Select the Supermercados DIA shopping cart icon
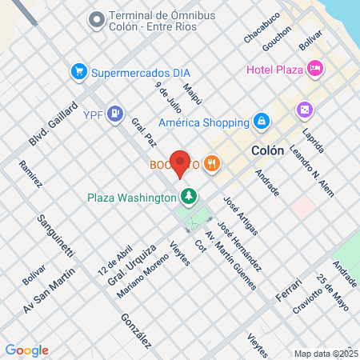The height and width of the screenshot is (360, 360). pyautogui.click(x=78, y=72)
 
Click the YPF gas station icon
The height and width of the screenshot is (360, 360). pyautogui.click(x=116, y=114)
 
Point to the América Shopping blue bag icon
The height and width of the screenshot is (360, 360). pyautogui.click(x=260, y=121)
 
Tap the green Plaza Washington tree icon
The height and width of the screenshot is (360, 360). pyautogui.click(x=189, y=195)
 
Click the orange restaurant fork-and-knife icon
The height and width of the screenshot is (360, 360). pyautogui.click(x=211, y=164)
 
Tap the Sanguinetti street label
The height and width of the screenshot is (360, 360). pyautogui.click(x=55, y=234)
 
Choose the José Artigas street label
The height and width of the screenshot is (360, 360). pyautogui.click(x=241, y=215)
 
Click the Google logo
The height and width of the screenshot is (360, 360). pyautogui.click(x=26, y=350)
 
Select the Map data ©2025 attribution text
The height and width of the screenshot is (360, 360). pyautogui.click(x=325, y=353)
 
